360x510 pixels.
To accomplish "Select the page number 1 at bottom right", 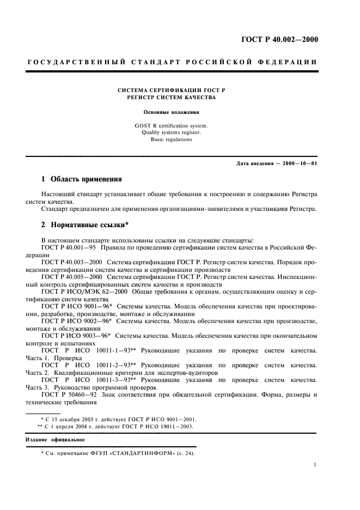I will click(x=315, y=465).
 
